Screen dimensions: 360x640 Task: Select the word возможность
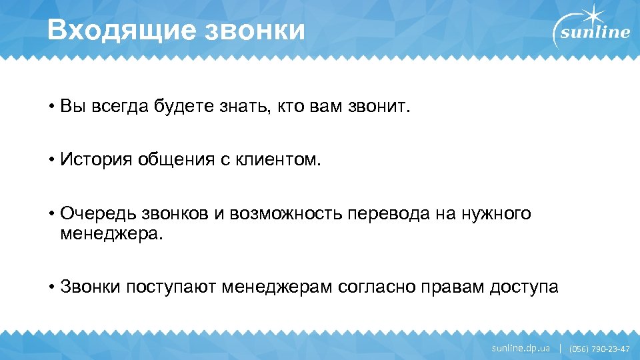click(287, 213)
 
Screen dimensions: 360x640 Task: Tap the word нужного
click(499, 213)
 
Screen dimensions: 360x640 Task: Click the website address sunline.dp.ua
click(521, 348)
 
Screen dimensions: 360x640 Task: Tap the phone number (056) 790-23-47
click(599, 349)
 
